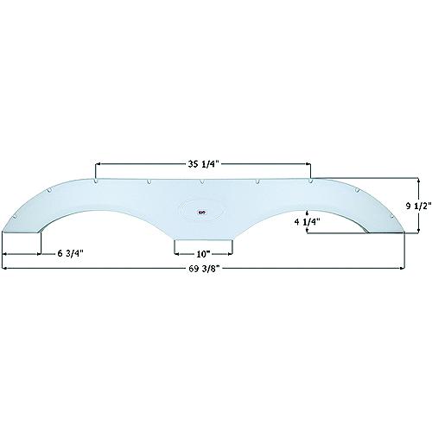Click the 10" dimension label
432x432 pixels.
click(x=203, y=253)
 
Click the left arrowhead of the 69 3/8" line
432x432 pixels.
click(x=5, y=270)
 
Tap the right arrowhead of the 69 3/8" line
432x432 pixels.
click(x=402, y=270)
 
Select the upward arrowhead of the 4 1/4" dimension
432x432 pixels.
click(x=308, y=211)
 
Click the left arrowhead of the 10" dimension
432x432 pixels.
click(x=176, y=253)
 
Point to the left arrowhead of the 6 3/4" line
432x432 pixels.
click(x=5, y=253)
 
